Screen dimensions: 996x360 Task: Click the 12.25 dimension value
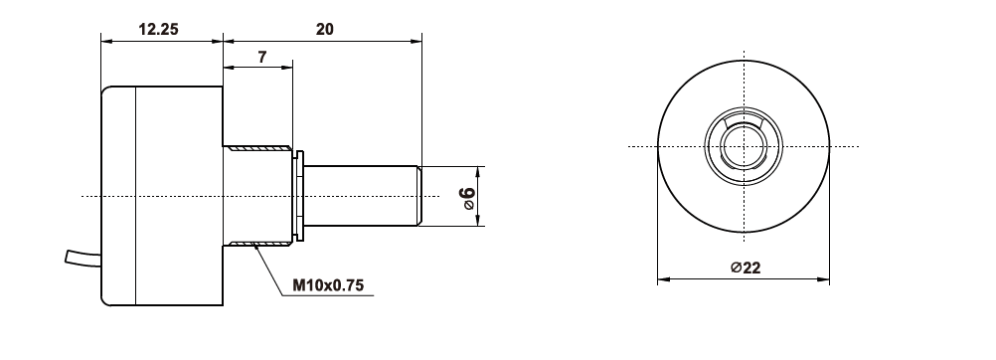pos(158,29)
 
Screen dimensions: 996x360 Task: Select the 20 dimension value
pos(324,29)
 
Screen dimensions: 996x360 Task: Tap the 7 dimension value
pos(262,57)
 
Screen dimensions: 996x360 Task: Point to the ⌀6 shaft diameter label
pos(467,198)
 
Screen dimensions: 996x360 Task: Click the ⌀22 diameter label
pos(746,268)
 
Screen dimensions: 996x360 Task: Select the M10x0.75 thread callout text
pos(328,285)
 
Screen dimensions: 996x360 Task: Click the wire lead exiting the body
pos(83,258)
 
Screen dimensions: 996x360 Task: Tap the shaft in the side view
pos(361,196)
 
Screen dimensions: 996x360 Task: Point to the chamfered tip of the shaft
pos(419,196)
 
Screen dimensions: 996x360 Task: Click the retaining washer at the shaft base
pos(300,196)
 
